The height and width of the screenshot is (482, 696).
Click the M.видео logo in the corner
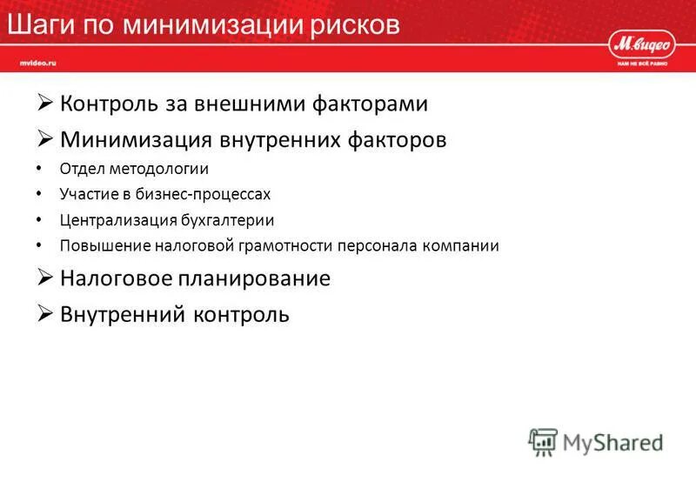coord(641,43)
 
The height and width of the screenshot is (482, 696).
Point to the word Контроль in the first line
coord(110,104)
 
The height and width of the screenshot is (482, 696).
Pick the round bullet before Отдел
coord(40,169)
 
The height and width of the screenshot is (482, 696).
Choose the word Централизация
coord(110,220)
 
